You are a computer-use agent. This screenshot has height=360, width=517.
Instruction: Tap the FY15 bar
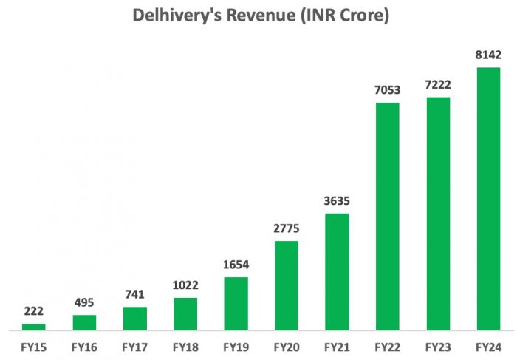coord(34,326)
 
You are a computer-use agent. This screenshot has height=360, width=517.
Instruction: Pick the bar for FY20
coord(287,285)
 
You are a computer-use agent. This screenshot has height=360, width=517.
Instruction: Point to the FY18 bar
coord(185,313)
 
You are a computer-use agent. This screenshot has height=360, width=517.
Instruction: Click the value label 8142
coord(488,55)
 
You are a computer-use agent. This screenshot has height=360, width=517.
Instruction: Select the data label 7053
coord(387,89)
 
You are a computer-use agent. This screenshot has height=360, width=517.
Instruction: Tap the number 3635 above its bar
coord(337,200)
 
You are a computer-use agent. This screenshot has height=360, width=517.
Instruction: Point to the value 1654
coord(236,264)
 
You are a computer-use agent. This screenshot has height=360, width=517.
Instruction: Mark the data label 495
coord(84,302)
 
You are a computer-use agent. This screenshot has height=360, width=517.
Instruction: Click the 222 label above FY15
coord(34,310)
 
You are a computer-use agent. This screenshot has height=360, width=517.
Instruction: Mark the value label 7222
coord(438,84)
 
